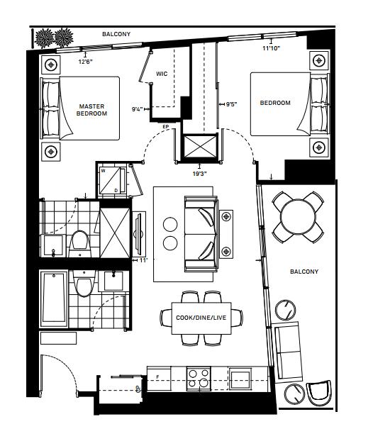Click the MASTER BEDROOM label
point(91,110)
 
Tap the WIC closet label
point(162,74)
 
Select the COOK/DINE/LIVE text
point(201,318)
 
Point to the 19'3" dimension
point(199,174)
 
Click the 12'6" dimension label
point(86,62)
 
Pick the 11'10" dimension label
point(271,48)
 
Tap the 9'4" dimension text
point(137,109)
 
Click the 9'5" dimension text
point(232,104)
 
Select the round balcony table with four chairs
point(298,217)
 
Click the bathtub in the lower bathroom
point(54,299)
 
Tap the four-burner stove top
point(199,379)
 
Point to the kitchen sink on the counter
point(240,378)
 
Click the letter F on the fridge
point(157,376)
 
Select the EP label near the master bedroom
point(165,126)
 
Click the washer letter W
point(103,171)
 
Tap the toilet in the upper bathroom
point(80,242)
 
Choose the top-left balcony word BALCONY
point(116,34)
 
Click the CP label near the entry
point(138,389)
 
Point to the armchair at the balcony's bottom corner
point(319,393)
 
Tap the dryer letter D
point(116,191)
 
